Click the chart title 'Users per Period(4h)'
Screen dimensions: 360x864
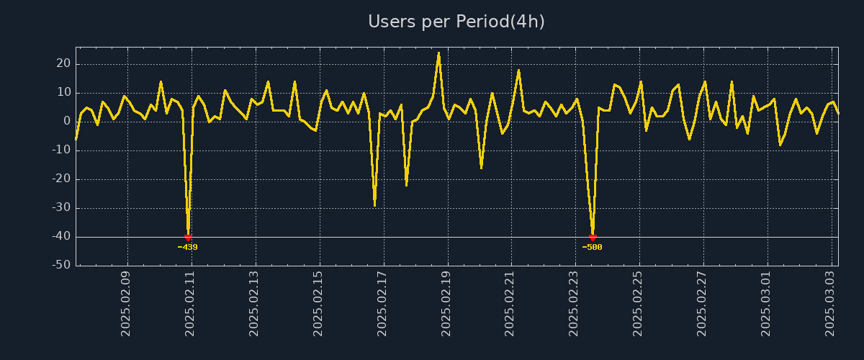[x=456, y=22]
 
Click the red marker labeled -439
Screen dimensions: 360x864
[x=188, y=238]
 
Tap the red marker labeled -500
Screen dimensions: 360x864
[x=593, y=238]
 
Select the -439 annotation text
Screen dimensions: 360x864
[x=188, y=248]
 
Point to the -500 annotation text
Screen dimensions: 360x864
[x=592, y=248]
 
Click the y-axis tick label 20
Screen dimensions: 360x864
[x=63, y=63]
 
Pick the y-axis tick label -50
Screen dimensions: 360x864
[x=61, y=265]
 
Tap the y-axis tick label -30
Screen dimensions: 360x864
[x=61, y=207]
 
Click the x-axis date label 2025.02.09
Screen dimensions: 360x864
[x=127, y=303]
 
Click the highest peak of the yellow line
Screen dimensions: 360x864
[x=438, y=53]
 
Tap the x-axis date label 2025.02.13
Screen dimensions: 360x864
[x=254, y=303]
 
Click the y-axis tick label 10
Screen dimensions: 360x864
[x=63, y=92]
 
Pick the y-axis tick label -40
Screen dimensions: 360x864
[x=61, y=236]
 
